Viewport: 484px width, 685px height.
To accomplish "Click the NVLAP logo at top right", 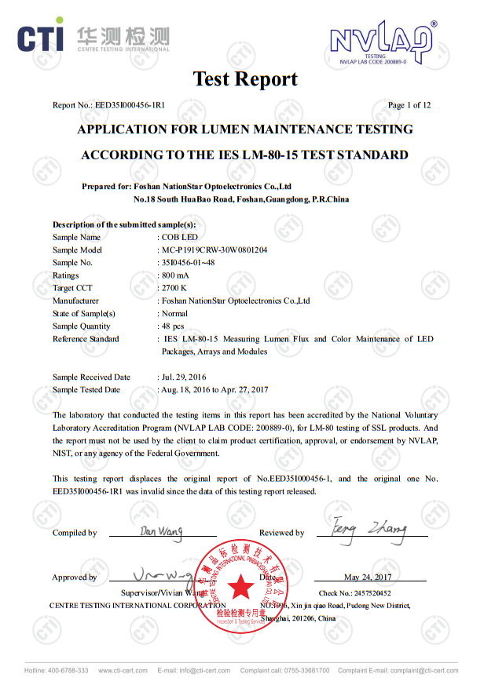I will [383, 42].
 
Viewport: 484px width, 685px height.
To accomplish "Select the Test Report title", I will [245, 79].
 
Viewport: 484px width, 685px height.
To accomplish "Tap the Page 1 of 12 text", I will [409, 105].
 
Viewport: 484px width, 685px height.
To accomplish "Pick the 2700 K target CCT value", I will [174, 288].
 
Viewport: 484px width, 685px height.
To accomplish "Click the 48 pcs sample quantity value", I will [172, 326].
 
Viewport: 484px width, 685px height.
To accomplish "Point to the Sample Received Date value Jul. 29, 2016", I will [184, 377].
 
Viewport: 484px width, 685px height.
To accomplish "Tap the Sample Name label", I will [76, 237].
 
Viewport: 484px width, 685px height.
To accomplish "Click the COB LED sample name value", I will [178, 237].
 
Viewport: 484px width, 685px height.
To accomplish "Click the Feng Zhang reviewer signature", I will [368, 529].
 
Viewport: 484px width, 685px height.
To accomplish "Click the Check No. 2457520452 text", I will [354, 593].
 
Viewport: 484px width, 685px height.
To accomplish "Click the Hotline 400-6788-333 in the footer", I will [57, 671].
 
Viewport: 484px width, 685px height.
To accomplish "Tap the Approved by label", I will [75, 578].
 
